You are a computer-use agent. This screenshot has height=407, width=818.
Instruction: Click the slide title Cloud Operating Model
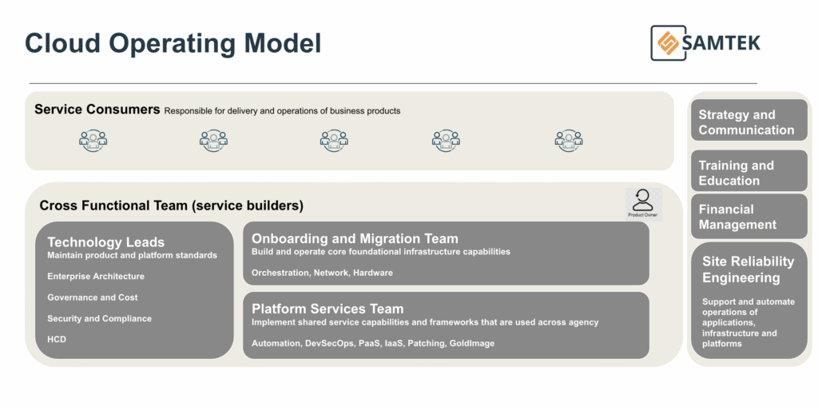tap(173, 43)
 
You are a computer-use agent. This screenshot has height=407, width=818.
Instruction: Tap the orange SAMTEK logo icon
tap(665, 42)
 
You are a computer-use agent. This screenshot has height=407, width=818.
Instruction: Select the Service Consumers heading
tap(97, 110)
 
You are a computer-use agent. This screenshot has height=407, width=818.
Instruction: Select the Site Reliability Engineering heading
tap(748, 269)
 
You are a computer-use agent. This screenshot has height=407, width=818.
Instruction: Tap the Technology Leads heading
tap(105, 242)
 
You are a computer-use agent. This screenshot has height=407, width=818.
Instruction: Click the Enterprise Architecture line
tap(96, 277)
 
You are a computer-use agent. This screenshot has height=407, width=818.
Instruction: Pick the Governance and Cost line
tap(93, 297)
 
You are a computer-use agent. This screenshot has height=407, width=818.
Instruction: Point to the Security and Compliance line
tap(99, 318)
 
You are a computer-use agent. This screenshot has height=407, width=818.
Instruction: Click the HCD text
tap(57, 339)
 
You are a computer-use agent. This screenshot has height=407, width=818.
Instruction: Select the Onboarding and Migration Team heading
tap(355, 238)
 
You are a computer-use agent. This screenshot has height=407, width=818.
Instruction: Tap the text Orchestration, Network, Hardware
tap(322, 273)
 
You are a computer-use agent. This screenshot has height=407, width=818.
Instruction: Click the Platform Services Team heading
tap(328, 309)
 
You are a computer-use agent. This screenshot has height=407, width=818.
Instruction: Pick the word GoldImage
tap(471, 343)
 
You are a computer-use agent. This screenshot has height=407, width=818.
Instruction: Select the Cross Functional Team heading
tap(171, 205)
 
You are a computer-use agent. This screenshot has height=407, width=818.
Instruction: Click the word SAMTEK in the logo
tap(721, 42)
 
